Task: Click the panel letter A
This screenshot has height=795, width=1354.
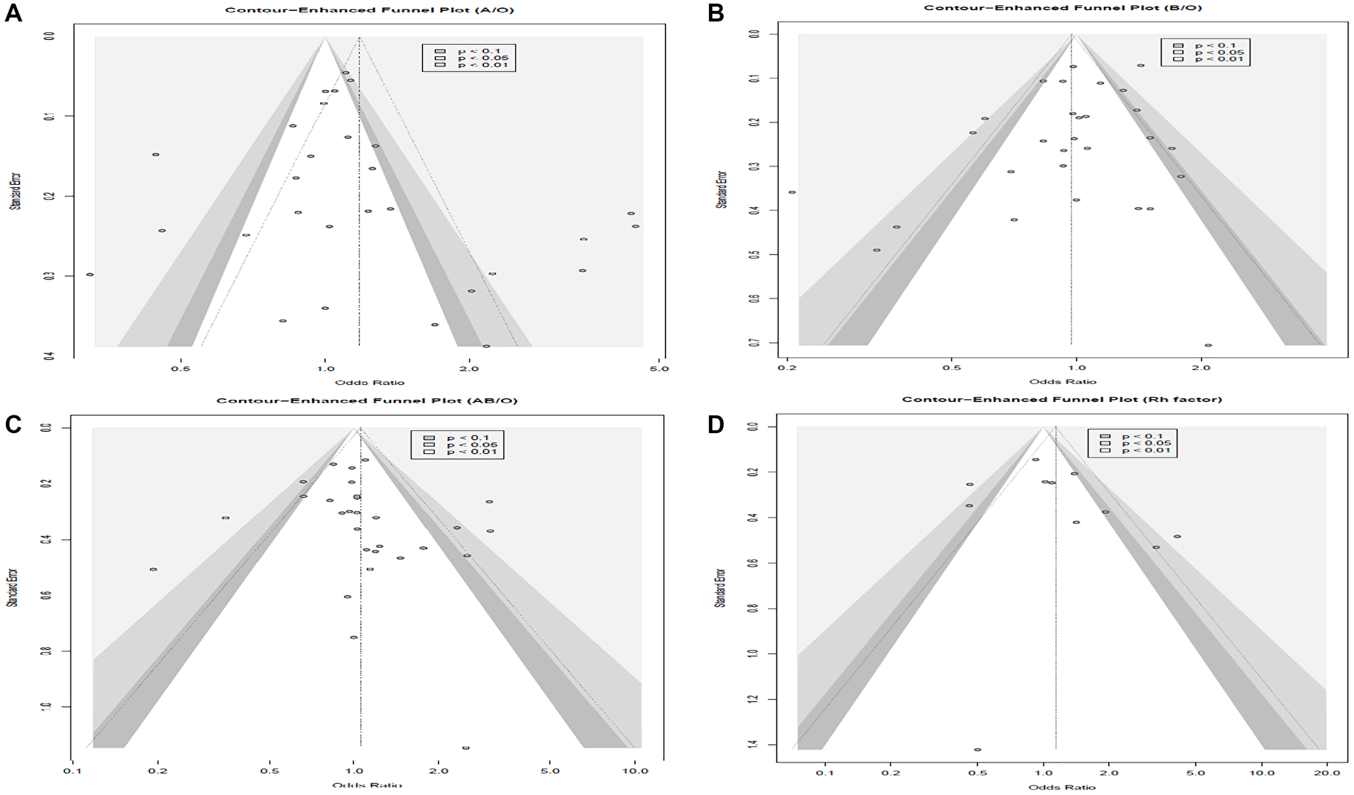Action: [x=13, y=14]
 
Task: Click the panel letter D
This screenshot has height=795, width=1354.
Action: [x=716, y=425]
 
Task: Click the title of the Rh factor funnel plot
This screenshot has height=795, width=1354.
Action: [x=1062, y=399]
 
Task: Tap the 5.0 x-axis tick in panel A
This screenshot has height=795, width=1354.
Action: [x=659, y=369]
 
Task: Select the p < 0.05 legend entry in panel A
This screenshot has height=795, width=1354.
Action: [x=474, y=58]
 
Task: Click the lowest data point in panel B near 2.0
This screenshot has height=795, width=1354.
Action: [x=1208, y=345]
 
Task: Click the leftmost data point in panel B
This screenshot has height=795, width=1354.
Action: [x=792, y=192]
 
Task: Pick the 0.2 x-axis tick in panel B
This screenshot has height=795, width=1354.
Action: [x=787, y=368]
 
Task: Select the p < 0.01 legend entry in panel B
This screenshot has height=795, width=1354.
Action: [x=1212, y=59]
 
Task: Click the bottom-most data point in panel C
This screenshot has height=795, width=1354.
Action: [x=466, y=748]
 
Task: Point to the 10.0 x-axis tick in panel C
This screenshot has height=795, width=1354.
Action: [x=634, y=771]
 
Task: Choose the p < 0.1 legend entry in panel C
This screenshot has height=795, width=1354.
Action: [x=458, y=438]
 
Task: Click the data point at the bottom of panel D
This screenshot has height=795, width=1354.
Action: [x=978, y=750]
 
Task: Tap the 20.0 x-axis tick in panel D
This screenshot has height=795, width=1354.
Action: [x=1326, y=772]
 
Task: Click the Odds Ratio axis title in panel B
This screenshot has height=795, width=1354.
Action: [x=1062, y=382]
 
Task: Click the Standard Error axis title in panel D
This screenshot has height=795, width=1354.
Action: [x=721, y=587]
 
